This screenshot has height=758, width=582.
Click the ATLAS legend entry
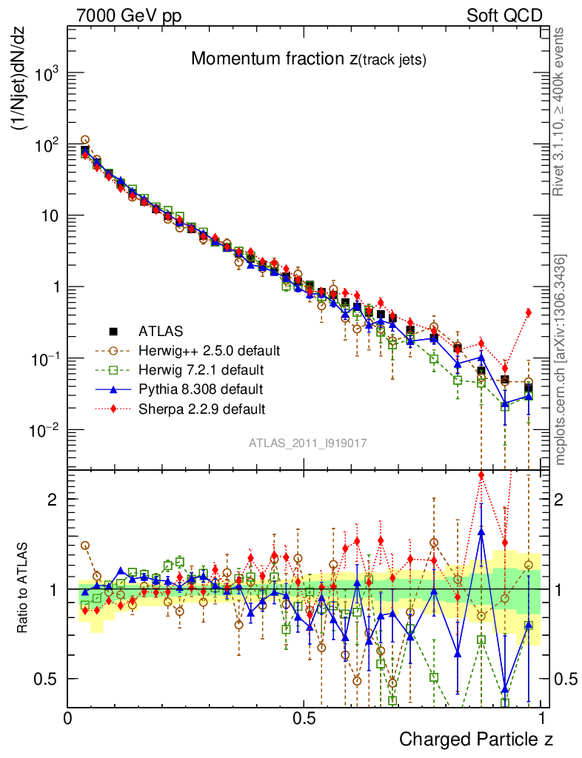tap(160, 330)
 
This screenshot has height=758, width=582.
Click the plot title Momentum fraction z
tap(308, 59)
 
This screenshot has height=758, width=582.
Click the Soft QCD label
tap(504, 16)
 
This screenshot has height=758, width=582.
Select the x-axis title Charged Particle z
tap(475, 738)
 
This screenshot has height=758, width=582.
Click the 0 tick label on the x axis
tap(68, 718)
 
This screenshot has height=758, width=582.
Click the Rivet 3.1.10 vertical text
tap(561, 111)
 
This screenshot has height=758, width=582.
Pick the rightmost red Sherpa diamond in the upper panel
tap(528, 312)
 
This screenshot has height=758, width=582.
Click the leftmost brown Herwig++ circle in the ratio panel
tap(85, 546)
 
